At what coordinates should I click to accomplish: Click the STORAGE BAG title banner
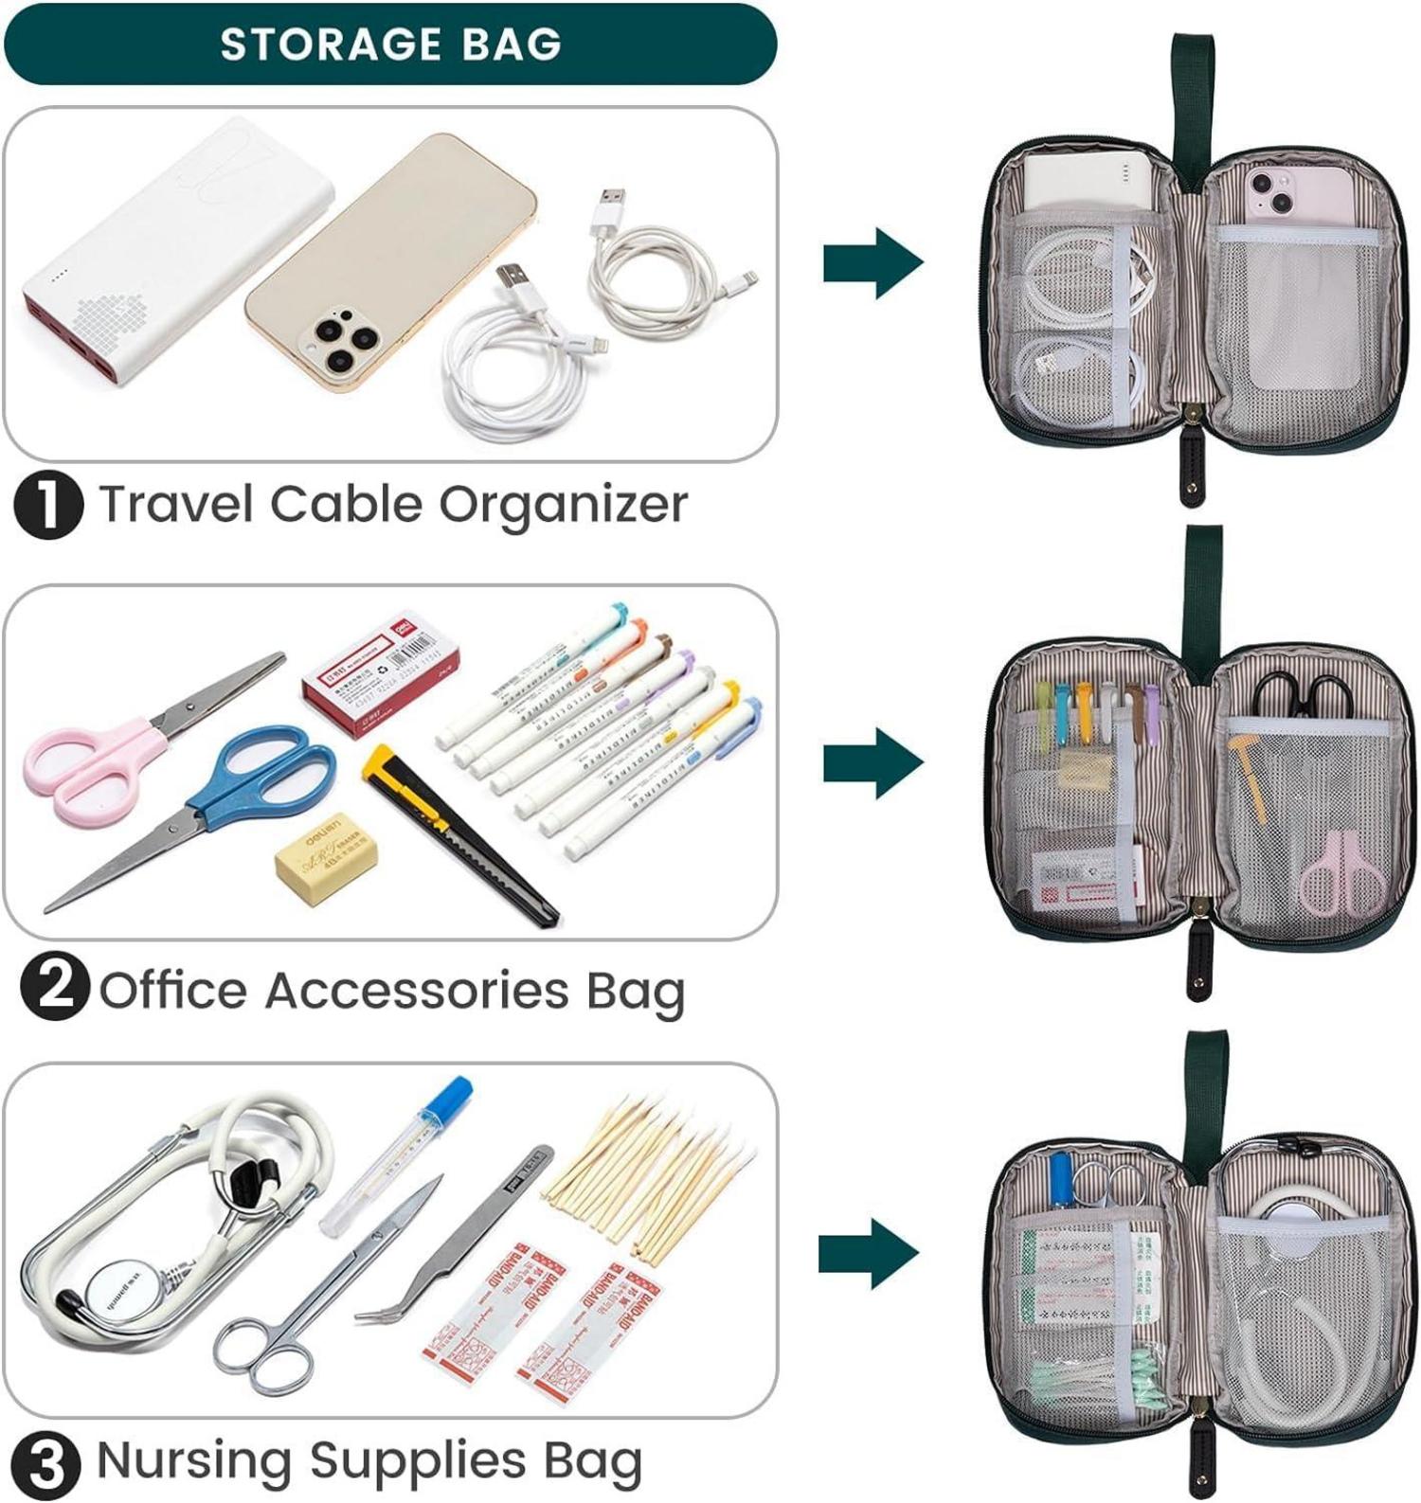(x=390, y=45)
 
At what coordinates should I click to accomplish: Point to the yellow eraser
(x=326, y=858)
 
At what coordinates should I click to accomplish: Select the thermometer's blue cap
(x=447, y=1101)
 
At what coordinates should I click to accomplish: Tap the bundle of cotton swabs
(x=654, y=1174)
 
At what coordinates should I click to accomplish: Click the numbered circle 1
(x=47, y=506)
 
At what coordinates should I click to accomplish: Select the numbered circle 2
(x=54, y=988)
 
